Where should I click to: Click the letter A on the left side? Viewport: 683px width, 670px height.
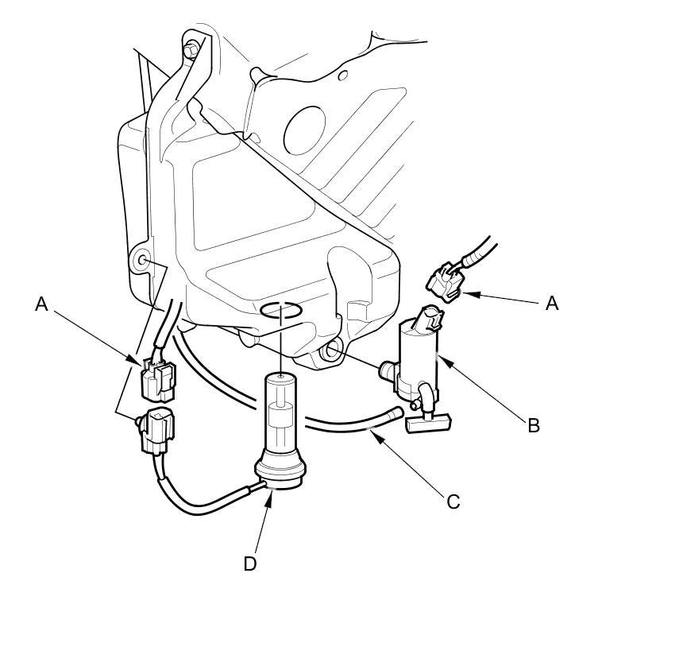[x=42, y=304]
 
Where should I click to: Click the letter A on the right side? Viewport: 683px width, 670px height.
[x=553, y=304]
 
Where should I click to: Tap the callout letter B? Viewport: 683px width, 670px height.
[x=534, y=426]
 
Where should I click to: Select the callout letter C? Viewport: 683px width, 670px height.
[x=453, y=502]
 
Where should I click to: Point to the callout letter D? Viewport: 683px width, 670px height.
[x=250, y=563]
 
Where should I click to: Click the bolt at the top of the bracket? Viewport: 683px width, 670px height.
[x=191, y=50]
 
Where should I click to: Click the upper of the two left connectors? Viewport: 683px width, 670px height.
[x=158, y=380]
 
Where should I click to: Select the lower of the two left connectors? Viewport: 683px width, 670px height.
[x=157, y=429]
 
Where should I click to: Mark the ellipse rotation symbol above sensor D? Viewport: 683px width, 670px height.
[x=281, y=309]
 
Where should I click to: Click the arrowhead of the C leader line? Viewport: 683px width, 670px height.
[x=372, y=432]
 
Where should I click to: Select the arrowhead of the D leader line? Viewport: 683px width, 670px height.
[x=270, y=498]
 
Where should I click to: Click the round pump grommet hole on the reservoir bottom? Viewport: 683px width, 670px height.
[x=330, y=350]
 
